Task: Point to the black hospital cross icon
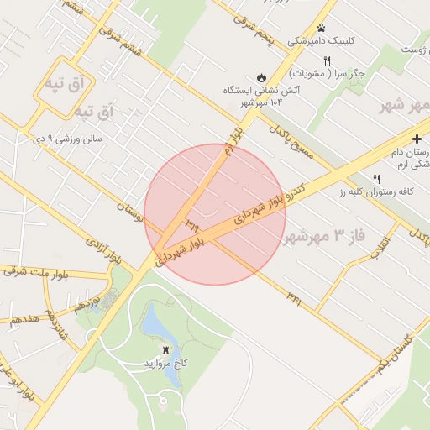417,138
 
